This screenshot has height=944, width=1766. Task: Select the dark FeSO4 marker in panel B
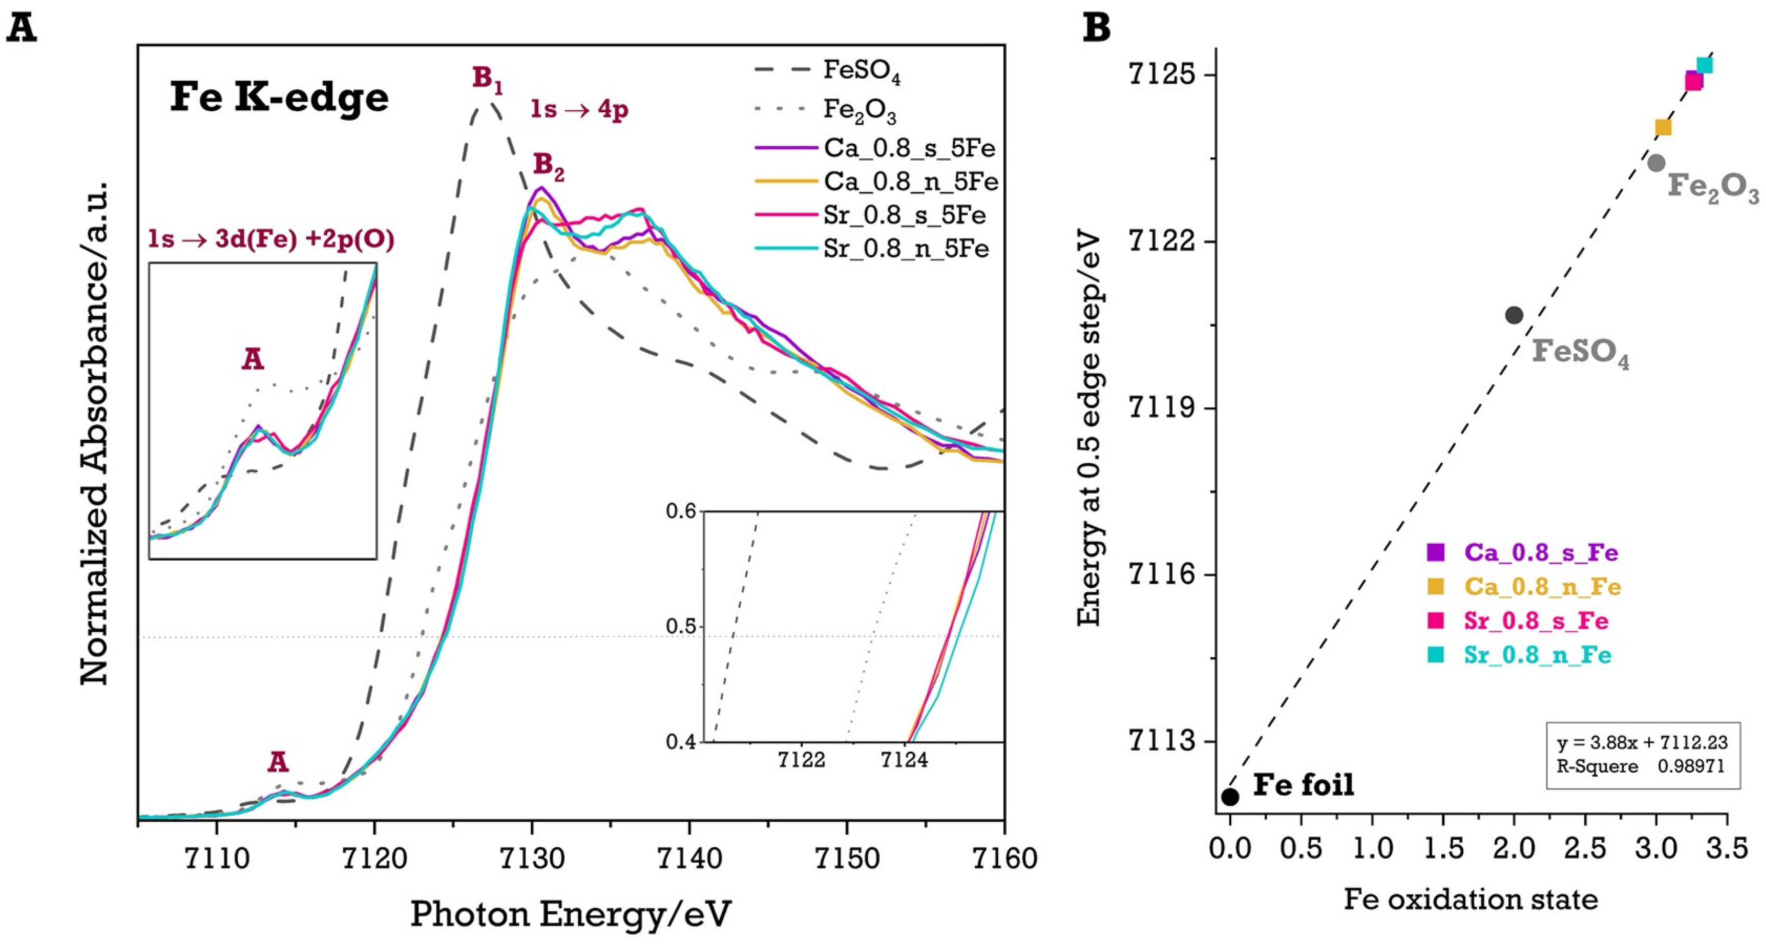coord(1514,315)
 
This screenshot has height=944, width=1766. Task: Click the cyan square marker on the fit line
coord(1704,65)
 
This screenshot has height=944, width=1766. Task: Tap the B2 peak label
coord(548,166)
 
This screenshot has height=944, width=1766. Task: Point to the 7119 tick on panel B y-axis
coord(1159,408)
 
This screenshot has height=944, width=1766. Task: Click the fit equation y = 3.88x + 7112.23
coord(1642,743)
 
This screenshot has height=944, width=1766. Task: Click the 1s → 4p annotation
coord(579,110)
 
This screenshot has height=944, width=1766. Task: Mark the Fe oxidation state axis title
coord(1470,899)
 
